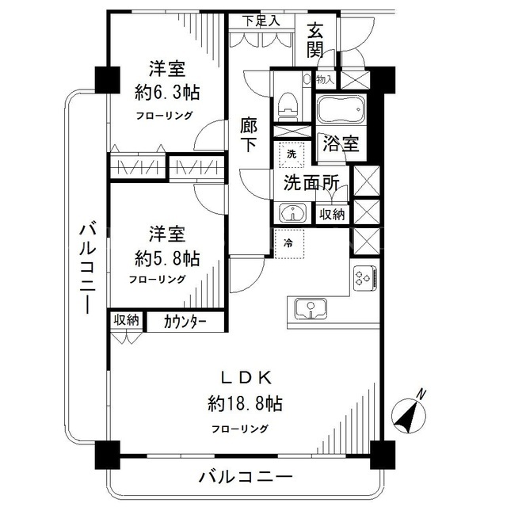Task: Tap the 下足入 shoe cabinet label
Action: click(x=261, y=21)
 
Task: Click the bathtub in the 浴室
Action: click(x=341, y=109)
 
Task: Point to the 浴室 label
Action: click(x=341, y=143)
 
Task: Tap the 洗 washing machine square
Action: click(x=292, y=154)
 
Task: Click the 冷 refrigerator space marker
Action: click(x=288, y=243)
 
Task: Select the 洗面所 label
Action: click(x=311, y=183)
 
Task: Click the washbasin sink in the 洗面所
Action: click(x=292, y=213)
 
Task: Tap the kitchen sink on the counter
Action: click(x=311, y=308)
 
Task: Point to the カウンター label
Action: click(x=185, y=322)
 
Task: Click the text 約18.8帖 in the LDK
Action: click(x=245, y=403)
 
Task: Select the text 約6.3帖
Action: click(x=167, y=93)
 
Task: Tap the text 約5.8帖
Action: click(x=167, y=258)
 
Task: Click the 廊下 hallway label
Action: click(x=249, y=135)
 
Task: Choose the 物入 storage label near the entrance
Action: click(x=326, y=79)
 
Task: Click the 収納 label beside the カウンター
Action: click(x=126, y=320)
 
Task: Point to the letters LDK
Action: click(x=246, y=378)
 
